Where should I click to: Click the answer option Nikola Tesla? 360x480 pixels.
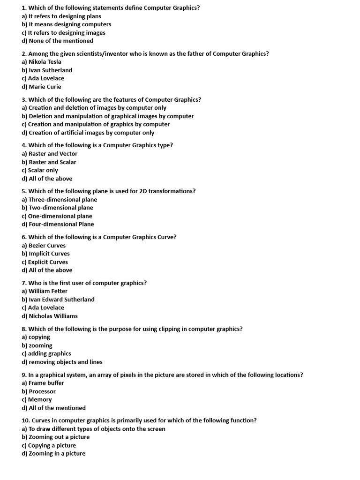pos(45,62)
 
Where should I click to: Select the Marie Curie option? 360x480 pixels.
pos(45,87)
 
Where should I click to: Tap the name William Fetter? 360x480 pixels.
pos(48,291)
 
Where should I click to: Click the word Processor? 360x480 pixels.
pos(42,391)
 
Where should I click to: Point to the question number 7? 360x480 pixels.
pos(24,283)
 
